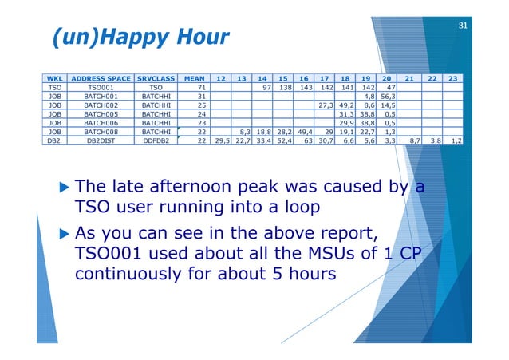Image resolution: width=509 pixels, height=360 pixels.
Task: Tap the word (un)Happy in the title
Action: click(x=100, y=37)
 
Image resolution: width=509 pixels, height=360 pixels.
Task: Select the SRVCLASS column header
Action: click(x=156, y=79)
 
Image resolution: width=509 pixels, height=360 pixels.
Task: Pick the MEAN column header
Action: click(x=195, y=79)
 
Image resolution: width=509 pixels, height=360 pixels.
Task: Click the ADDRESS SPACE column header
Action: click(x=101, y=79)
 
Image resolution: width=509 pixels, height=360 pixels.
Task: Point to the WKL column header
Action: click(x=55, y=79)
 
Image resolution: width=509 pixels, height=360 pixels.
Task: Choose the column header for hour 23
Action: click(x=452, y=79)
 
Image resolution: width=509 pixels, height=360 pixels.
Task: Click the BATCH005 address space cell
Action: click(x=101, y=114)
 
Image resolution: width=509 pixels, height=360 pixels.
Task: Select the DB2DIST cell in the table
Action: click(x=101, y=139)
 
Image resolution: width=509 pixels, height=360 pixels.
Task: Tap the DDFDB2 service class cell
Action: click(x=156, y=139)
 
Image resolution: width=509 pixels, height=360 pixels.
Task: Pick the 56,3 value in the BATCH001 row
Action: click(x=389, y=97)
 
